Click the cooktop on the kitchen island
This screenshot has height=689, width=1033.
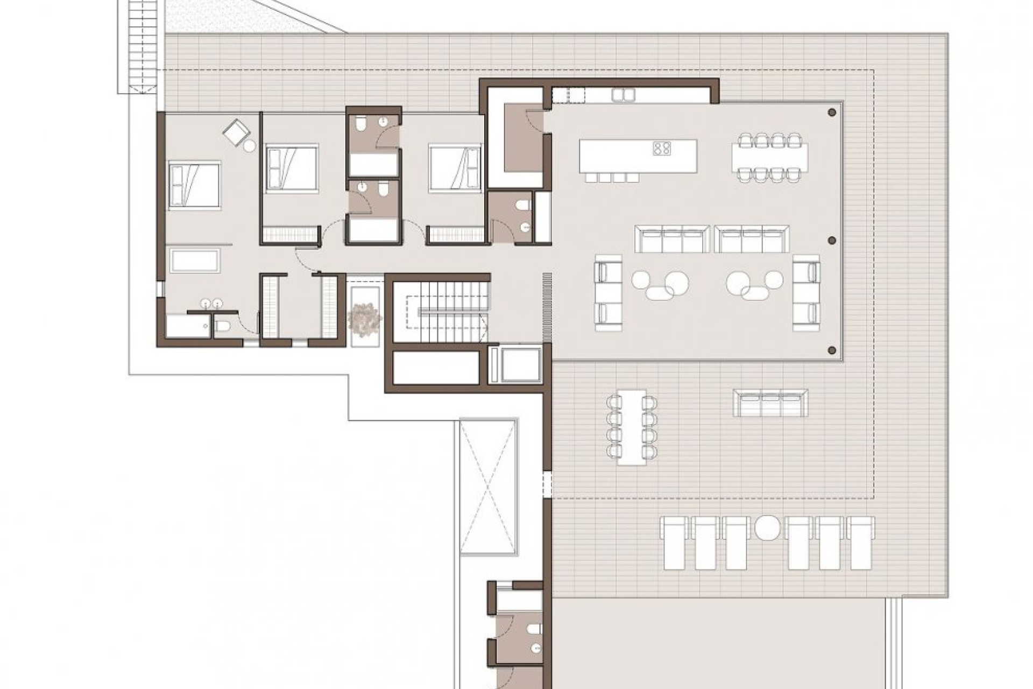point(662,148)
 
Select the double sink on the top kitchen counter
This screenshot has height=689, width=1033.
point(623,95)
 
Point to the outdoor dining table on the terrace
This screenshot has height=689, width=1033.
point(632,427)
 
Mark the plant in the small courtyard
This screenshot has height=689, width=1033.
point(365,319)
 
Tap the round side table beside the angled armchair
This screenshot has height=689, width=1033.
point(250,145)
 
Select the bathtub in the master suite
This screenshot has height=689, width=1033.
point(195,261)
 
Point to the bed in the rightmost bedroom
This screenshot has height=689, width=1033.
point(455,168)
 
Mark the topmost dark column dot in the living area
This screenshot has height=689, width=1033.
point(832,113)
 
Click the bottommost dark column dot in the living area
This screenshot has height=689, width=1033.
point(832,350)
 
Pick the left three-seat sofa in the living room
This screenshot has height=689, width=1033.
point(672,239)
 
